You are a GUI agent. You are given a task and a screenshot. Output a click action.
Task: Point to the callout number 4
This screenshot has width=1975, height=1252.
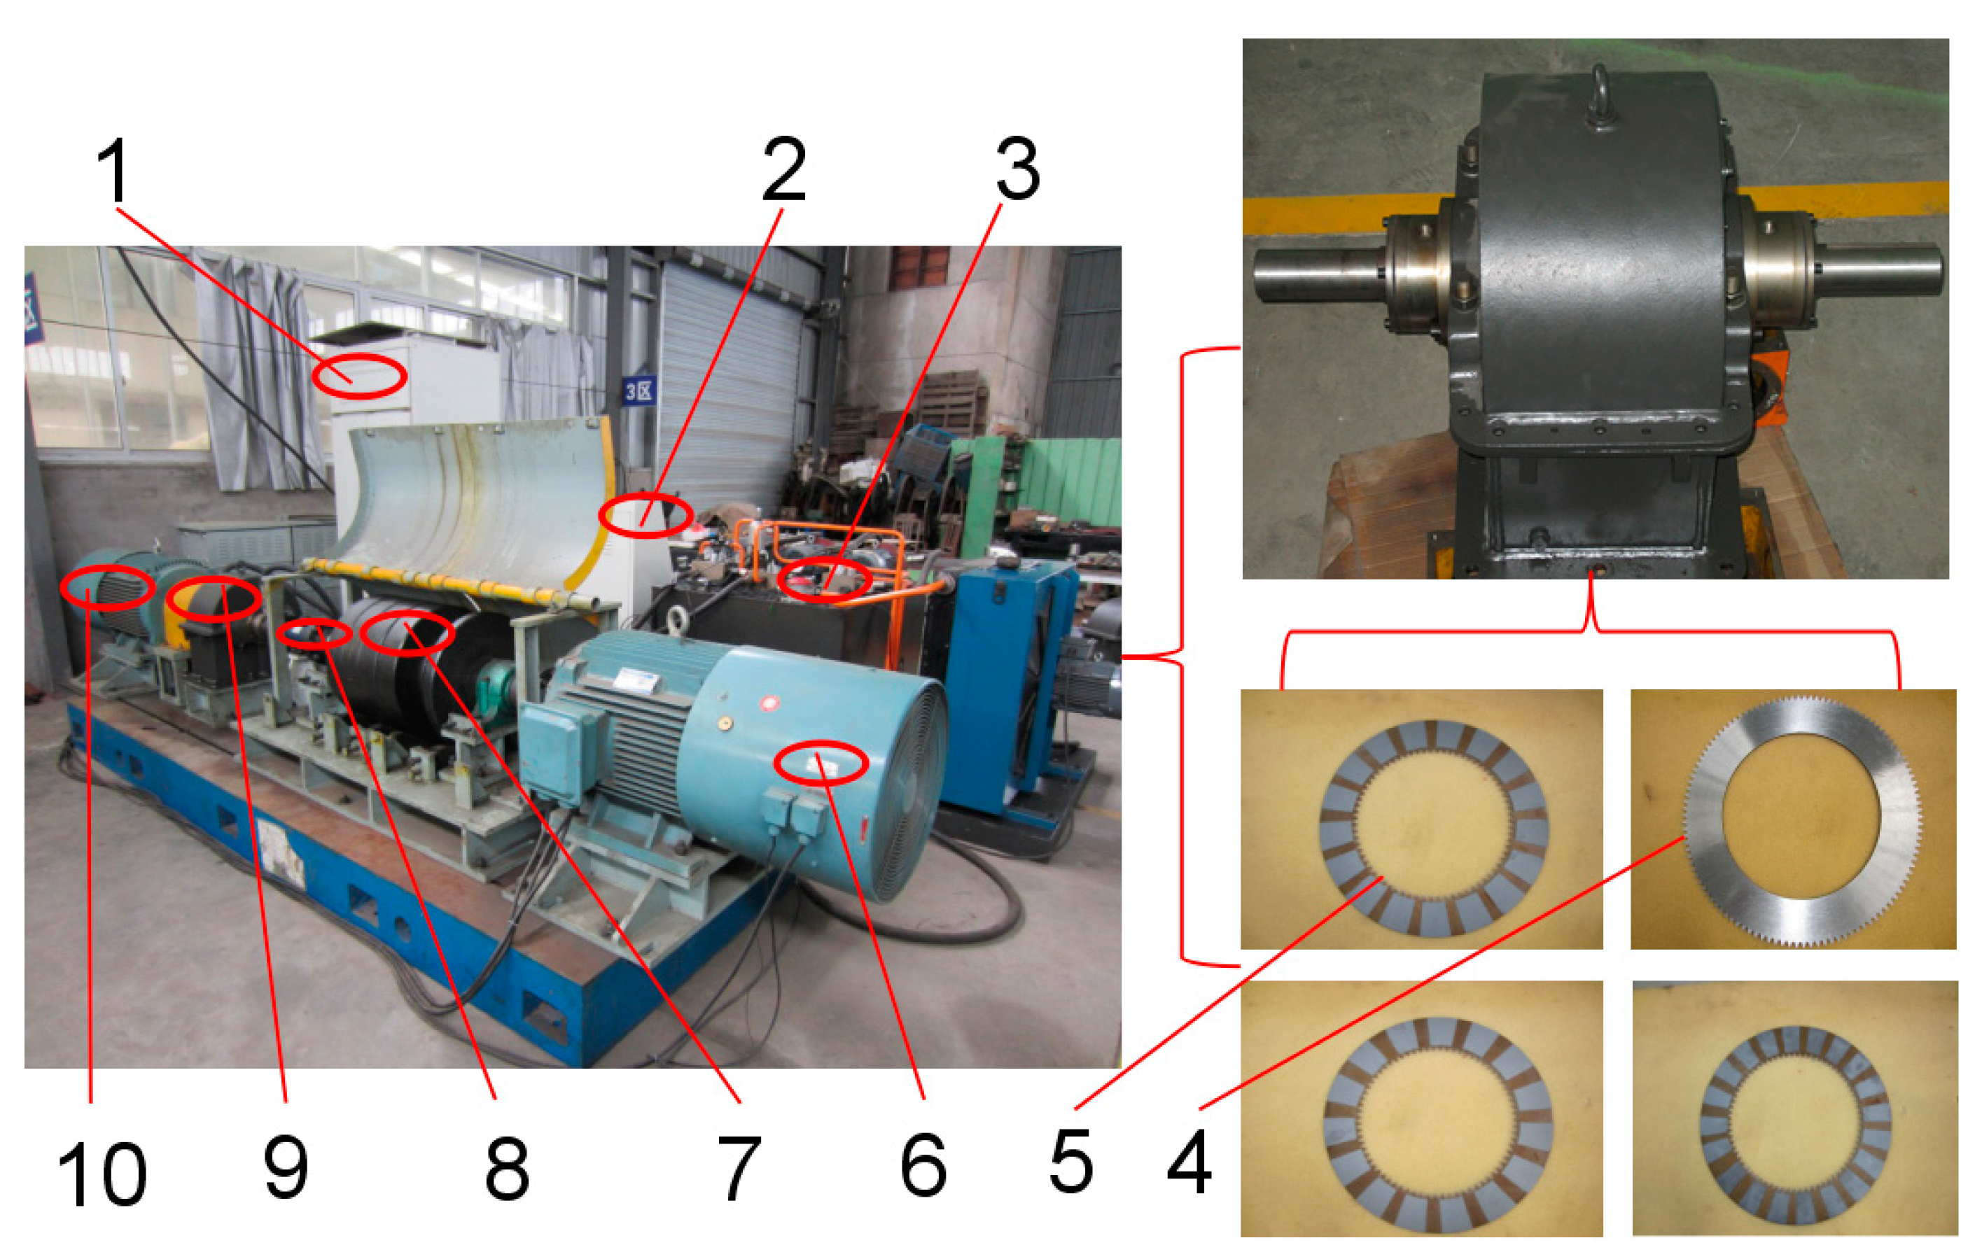click(1189, 1162)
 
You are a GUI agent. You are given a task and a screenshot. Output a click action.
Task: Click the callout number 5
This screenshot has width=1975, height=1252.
click(1071, 1160)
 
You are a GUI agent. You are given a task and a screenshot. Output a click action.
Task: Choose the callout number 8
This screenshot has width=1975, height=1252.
click(507, 1167)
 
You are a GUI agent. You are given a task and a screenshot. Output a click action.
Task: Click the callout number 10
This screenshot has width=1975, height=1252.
click(102, 1174)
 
